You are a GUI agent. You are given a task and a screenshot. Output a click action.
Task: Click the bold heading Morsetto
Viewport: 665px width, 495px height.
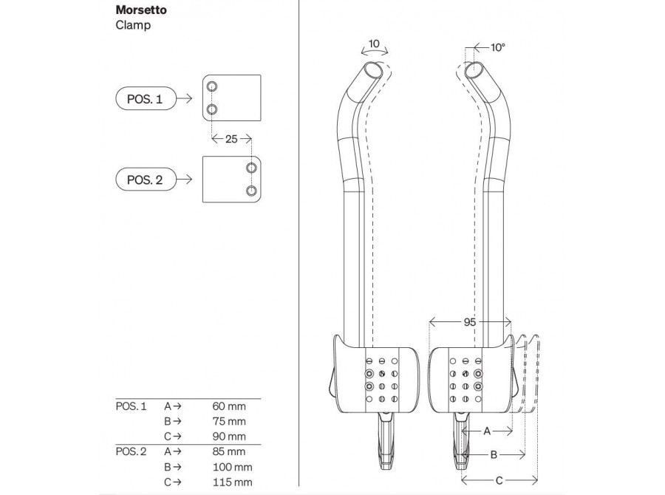pos(141,10)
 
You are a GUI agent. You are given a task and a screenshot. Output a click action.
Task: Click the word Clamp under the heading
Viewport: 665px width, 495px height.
pos(133,25)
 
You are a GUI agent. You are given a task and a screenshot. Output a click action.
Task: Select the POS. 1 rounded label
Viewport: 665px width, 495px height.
pos(146,99)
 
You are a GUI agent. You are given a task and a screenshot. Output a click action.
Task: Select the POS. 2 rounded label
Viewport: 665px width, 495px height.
pos(146,180)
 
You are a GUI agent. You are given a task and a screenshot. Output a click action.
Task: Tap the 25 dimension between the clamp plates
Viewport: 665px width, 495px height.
pos(231,139)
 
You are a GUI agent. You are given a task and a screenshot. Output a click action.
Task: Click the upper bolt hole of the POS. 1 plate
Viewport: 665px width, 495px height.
pos(212,87)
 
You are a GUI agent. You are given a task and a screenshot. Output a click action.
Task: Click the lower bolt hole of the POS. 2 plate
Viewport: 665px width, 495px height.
pos(251,191)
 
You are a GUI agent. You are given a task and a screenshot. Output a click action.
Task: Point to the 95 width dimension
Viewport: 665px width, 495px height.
pos(469,322)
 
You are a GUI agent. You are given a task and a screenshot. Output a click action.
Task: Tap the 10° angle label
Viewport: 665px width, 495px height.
pos(498,47)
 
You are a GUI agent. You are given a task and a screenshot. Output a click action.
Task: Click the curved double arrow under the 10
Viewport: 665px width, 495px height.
pos(374,51)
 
